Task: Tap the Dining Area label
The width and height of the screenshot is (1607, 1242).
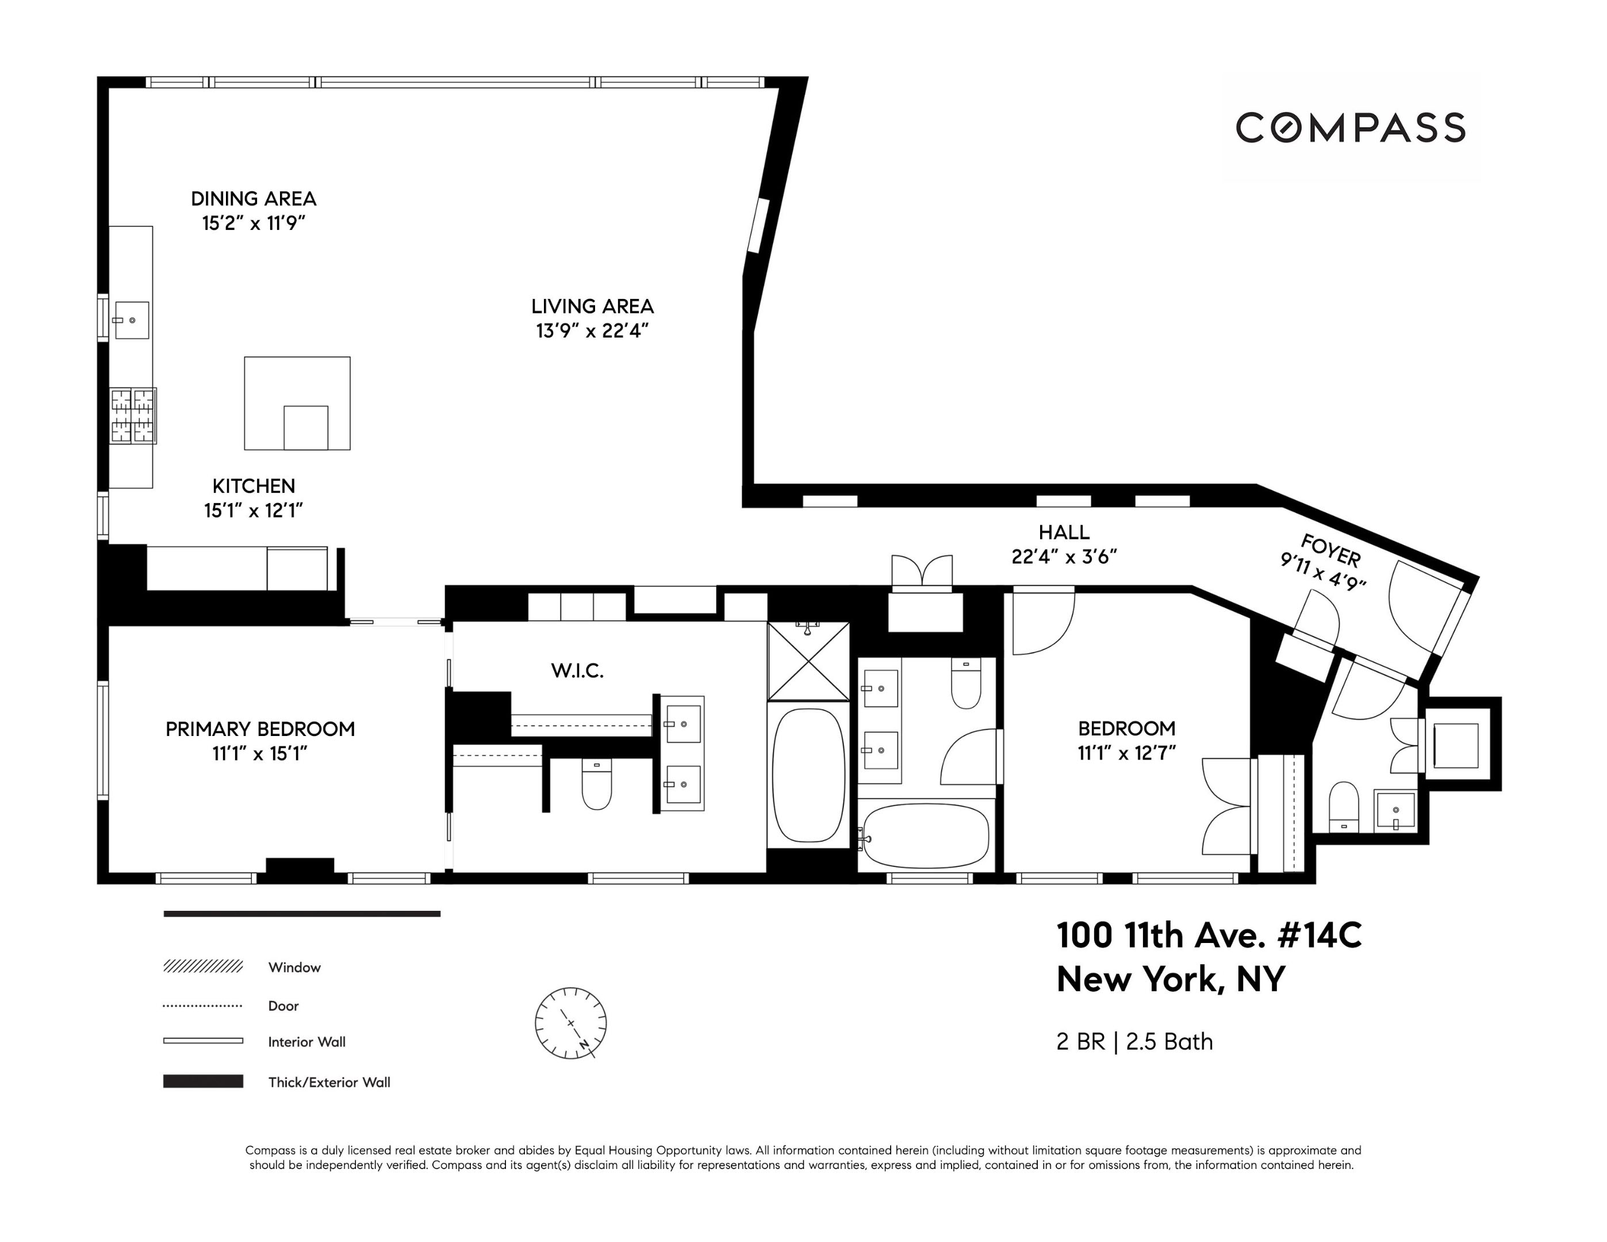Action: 254,198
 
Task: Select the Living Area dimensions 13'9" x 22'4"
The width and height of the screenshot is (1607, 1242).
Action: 592,331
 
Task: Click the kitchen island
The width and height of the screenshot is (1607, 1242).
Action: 297,403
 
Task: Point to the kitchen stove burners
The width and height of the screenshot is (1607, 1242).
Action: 133,416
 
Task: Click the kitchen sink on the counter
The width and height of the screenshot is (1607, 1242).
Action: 132,320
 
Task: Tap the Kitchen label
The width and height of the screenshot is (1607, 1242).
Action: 254,486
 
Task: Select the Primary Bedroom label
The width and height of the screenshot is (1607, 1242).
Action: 260,729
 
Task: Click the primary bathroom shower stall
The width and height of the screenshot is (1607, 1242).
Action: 808,661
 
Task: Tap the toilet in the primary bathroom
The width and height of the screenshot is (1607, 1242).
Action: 597,784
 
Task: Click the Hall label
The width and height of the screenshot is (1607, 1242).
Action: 1064,532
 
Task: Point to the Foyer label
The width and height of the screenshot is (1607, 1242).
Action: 1330,550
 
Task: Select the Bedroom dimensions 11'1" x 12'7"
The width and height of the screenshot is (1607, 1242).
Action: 1126,753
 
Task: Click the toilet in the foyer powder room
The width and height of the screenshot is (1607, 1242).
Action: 1344,806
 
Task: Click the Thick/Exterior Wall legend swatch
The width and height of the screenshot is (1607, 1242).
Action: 203,1081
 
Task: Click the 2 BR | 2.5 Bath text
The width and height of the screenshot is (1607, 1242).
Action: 1134,1042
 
